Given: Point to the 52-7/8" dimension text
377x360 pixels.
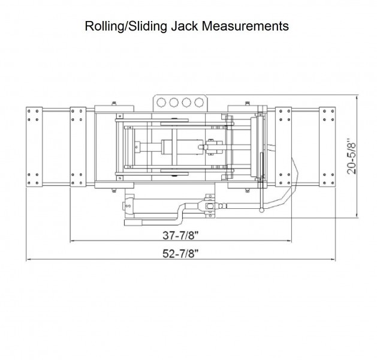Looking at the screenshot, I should point(180,253).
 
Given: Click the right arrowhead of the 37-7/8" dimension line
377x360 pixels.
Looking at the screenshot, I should point(290,241).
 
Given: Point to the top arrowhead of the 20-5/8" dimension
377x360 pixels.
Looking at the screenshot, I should point(358,98).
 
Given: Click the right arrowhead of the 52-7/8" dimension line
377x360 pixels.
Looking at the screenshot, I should point(333,260).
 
